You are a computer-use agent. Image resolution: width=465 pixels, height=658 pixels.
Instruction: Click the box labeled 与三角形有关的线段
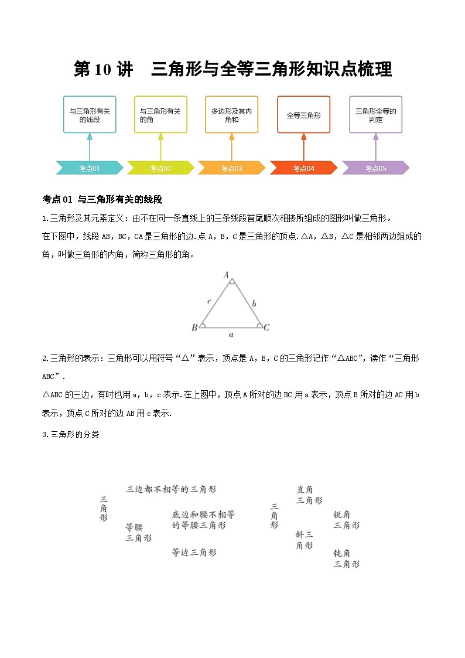click(90, 115)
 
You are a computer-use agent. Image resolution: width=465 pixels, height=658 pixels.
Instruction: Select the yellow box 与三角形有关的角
click(160, 115)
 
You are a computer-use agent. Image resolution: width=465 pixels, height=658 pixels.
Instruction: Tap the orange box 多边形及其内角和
click(232, 115)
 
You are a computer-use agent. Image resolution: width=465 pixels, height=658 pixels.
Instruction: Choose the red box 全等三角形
click(303, 115)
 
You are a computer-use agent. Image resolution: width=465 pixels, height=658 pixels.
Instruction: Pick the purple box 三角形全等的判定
click(375, 115)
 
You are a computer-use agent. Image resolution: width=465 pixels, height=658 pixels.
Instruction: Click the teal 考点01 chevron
click(90, 168)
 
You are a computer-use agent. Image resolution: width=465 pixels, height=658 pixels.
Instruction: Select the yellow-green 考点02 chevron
click(160, 168)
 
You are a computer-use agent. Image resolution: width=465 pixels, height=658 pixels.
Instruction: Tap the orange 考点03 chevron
click(232, 168)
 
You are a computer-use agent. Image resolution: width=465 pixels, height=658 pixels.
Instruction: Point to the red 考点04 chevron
click(303, 168)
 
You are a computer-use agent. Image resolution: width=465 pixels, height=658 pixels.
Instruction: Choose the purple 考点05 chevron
click(375, 168)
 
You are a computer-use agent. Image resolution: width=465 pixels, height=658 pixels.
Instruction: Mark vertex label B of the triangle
click(194, 328)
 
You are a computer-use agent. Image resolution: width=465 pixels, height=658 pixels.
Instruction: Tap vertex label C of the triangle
click(266, 328)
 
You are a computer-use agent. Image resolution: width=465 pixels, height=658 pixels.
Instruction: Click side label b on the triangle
click(253, 304)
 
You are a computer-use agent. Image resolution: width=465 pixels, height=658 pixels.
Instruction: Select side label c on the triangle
click(209, 301)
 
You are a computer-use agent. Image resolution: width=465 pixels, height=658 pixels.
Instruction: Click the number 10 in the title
click(102, 70)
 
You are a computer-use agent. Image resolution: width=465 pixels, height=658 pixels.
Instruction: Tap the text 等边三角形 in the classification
click(194, 552)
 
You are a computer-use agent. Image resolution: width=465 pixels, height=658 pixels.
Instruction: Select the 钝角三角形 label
click(346, 558)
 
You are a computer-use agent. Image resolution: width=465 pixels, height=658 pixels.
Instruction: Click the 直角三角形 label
click(309, 495)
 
